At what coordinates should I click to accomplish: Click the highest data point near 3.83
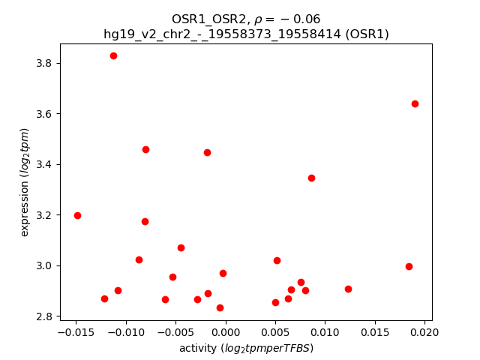click(113, 55)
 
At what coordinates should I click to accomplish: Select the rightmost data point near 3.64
click(415, 103)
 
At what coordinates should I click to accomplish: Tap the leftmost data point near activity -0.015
click(77, 215)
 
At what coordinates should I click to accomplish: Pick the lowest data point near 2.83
click(220, 307)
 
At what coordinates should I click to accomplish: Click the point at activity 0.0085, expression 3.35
click(311, 178)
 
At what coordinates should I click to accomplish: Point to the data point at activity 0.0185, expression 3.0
click(409, 266)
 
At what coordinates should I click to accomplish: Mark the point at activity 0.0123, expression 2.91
click(348, 289)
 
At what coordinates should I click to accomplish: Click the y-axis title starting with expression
click(25, 182)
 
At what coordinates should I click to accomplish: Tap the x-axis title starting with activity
click(246, 348)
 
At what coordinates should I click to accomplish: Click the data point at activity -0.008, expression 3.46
click(145, 149)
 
